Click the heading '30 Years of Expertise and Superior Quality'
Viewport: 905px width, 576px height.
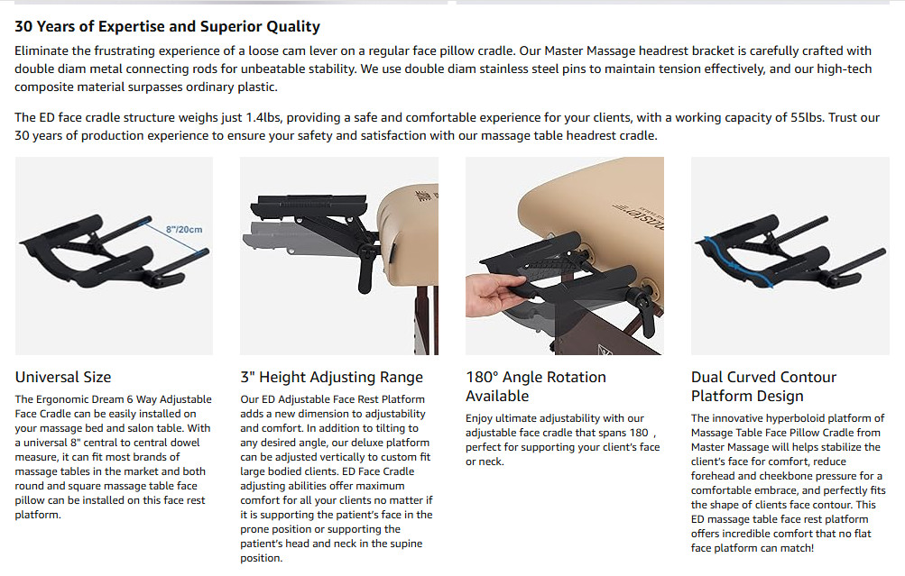click(168, 26)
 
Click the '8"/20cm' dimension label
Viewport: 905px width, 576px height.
click(184, 230)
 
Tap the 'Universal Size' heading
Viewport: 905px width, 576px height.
click(63, 377)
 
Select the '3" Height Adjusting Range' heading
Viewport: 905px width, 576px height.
click(332, 377)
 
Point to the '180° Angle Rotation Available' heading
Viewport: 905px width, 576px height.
click(536, 387)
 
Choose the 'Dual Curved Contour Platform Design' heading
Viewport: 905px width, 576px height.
click(763, 387)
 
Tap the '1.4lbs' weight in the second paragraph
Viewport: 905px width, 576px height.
click(263, 117)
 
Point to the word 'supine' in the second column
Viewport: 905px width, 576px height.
click(404, 544)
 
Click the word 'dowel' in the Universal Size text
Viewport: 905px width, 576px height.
click(185, 443)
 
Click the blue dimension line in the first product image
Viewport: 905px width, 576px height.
click(177, 236)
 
